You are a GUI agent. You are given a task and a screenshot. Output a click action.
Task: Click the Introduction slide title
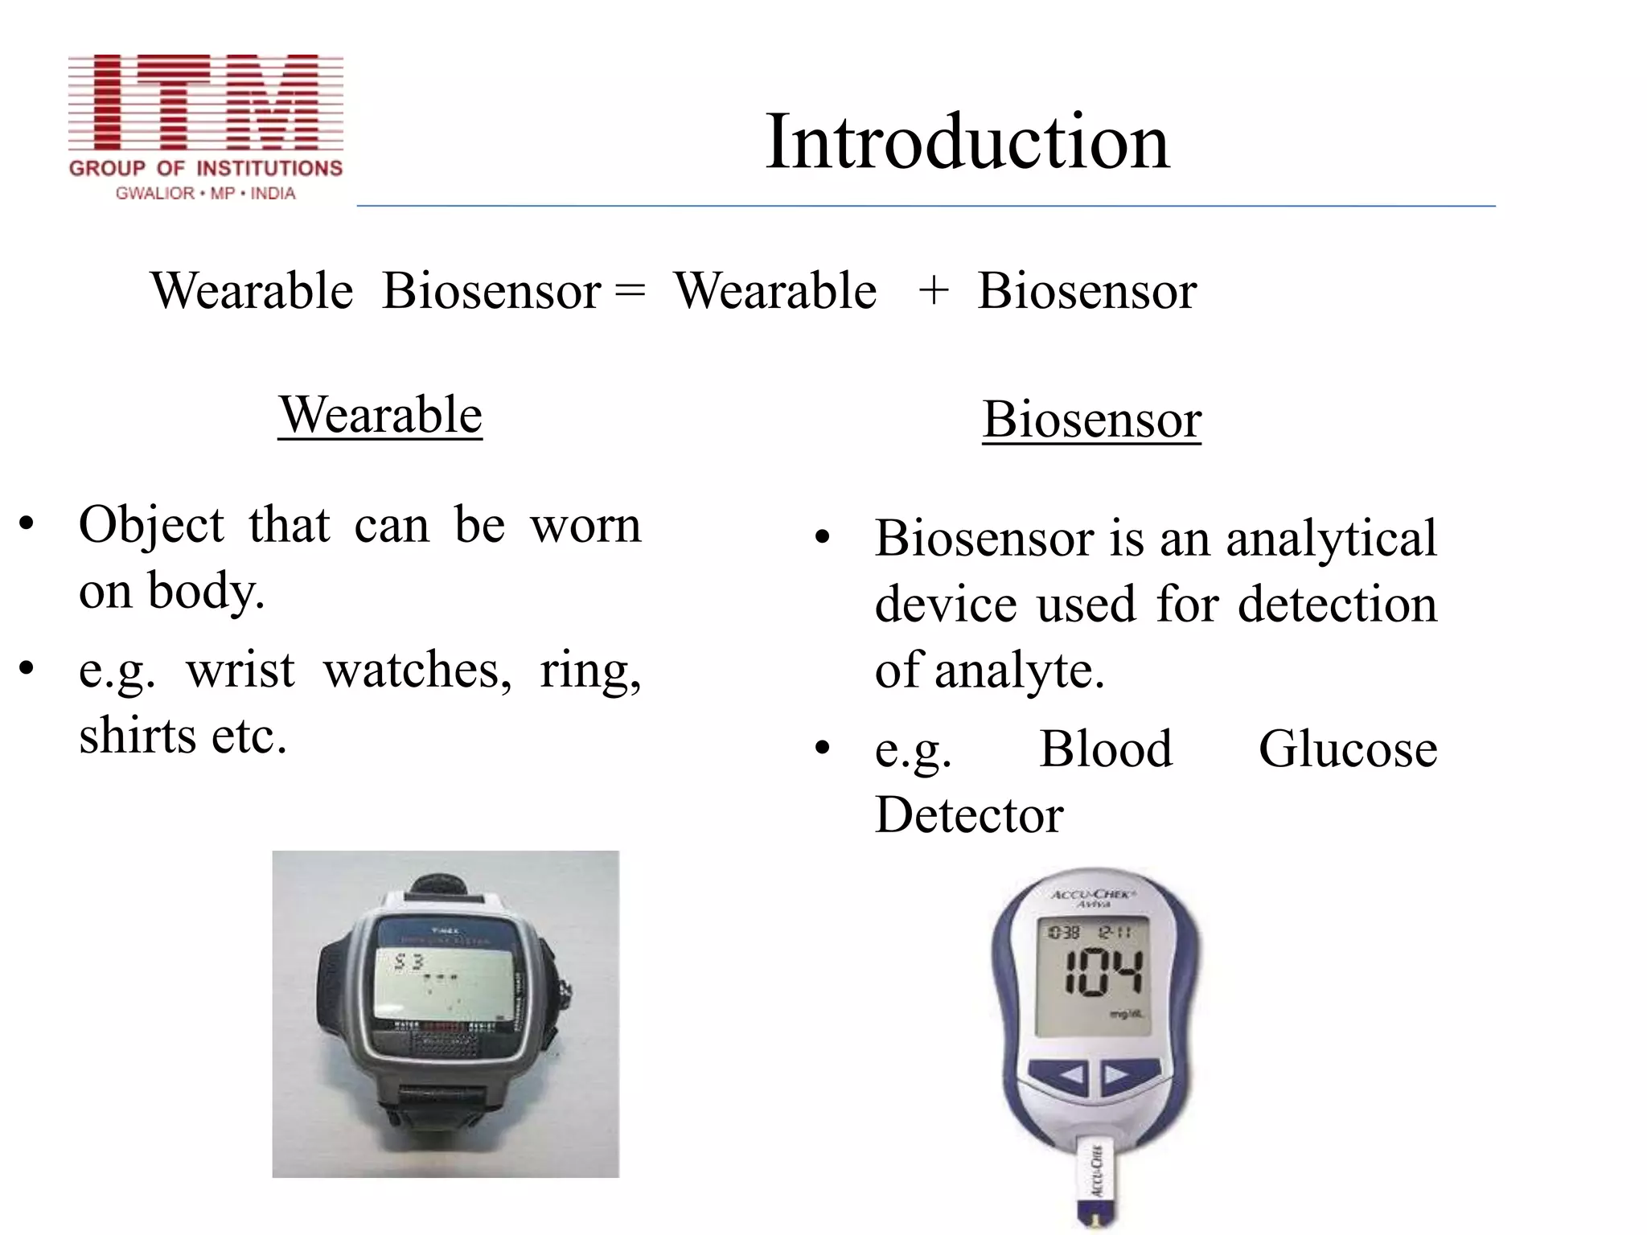click(967, 142)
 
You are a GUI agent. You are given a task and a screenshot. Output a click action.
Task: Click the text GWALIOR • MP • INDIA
click(206, 194)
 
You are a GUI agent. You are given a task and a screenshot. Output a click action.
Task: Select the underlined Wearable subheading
click(380, 416)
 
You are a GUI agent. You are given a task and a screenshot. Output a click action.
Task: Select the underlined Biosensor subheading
click(1091, 420)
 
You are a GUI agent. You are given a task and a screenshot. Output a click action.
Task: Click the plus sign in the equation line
click(933, 290)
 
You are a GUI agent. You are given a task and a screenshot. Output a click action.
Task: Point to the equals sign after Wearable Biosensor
click(630, 290)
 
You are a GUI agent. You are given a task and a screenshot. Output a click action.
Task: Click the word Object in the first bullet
click(151, 525)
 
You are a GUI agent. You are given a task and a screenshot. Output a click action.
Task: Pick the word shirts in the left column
click(137, 736)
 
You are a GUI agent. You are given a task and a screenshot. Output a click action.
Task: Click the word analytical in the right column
click(1331, 539)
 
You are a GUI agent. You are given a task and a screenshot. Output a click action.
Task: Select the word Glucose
click(1348, 749)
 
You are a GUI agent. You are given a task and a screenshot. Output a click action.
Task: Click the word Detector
click(969, 815)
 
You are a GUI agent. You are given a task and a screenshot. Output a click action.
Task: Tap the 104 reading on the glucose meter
click(1103, 973)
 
